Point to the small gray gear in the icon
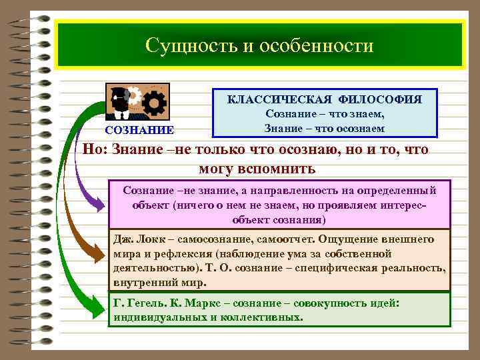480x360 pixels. [x=133, y=97]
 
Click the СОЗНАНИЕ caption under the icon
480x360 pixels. [x=138, y=130]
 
